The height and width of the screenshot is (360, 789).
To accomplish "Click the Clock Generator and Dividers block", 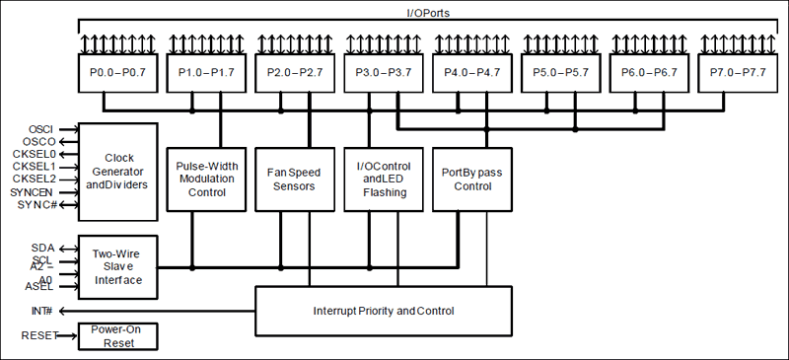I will pyautogui.click(x=117, y=172).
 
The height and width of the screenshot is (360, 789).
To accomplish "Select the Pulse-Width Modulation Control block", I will pyautogui.click(x=206, y=179).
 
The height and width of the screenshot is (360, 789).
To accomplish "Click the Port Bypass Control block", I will pyautogui.click(x=472, y=179).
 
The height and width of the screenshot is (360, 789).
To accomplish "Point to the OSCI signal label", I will pyautogui.click(x=40, y=129).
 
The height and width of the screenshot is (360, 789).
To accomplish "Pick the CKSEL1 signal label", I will pyautogui.click(x=34, y=167).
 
